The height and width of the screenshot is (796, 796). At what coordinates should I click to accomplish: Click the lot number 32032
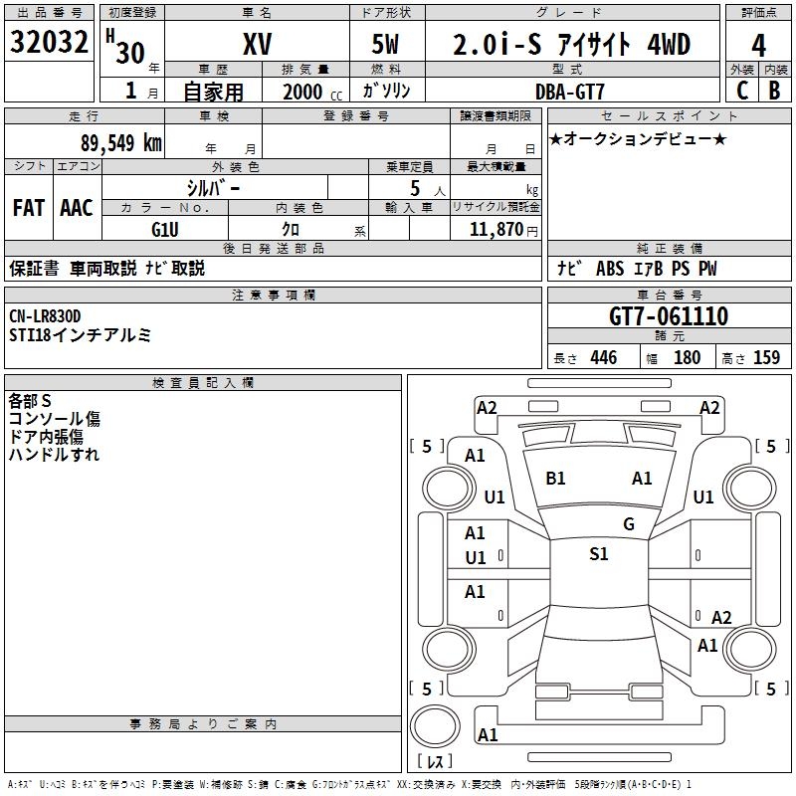50,45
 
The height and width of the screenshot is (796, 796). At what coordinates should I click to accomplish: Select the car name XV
257,45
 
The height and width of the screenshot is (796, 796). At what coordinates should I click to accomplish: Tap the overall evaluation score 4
759,46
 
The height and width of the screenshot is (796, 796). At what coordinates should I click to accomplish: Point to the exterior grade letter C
741,91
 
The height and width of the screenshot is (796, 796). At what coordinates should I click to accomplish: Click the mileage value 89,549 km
120,142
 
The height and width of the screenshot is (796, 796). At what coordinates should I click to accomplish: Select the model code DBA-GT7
568,91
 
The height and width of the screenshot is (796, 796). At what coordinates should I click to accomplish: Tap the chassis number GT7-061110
669,317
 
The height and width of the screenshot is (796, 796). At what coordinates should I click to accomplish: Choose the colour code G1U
164,230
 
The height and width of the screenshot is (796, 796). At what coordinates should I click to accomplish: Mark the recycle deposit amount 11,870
496,230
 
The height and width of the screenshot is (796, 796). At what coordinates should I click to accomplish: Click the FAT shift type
29,208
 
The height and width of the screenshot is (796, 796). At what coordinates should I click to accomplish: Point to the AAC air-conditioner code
77,208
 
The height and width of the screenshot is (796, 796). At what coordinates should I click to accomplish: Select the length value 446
603,358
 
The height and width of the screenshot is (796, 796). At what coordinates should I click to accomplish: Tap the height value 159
766,358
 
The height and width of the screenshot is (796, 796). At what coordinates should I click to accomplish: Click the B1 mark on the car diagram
555,479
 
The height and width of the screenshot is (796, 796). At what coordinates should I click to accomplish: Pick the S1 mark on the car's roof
598,554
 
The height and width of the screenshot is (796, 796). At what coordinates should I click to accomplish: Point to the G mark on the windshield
629,524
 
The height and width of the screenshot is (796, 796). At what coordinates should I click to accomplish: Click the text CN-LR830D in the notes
46,316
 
